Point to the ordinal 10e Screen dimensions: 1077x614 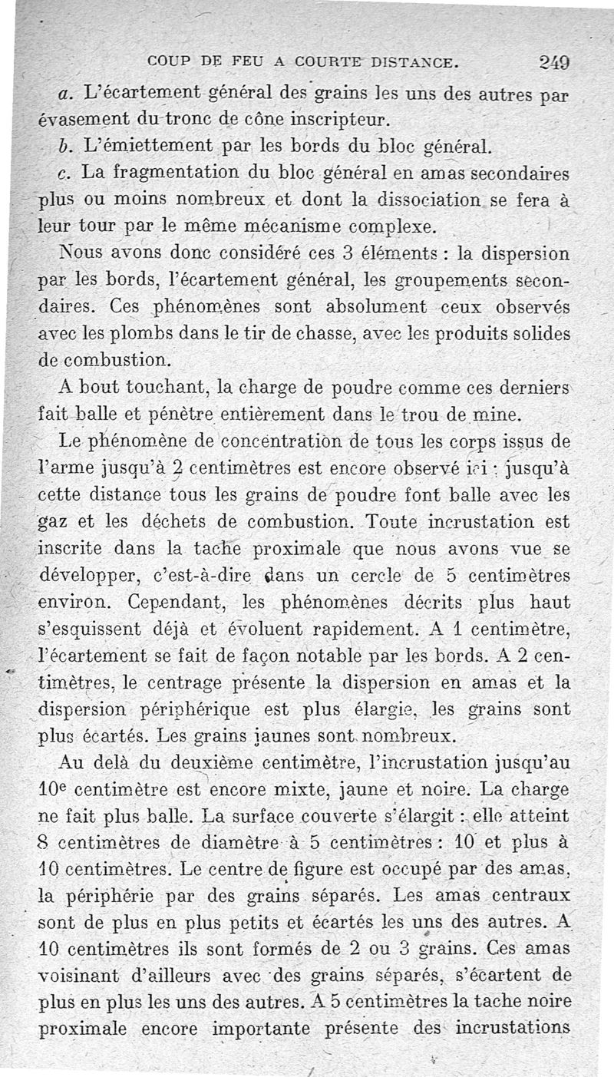[x=52, y=789]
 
